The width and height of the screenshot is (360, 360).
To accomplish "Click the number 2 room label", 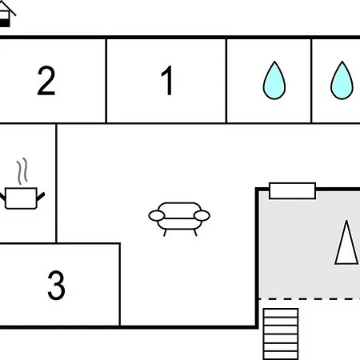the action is tap(46, 81).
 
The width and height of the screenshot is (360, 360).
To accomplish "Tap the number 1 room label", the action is tap(167, 81).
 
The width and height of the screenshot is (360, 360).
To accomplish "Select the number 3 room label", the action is tap(56, 285).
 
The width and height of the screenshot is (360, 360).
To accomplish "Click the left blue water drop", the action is tap(274, 81).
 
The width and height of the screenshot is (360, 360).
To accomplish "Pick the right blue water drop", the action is tap(342, 81).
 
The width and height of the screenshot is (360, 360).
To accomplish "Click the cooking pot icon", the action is tap(22, 198).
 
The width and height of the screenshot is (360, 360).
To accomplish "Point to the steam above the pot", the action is tap(22, 171).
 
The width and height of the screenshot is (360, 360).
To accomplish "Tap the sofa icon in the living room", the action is tap(179, 219).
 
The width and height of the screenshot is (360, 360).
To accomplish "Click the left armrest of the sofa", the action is tap(157, 216).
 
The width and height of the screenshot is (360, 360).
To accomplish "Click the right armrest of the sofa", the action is tap(202, 216).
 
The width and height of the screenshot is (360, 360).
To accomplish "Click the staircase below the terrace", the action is tap(281, 334).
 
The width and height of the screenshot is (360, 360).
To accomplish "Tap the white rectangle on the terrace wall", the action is tap(292, 190).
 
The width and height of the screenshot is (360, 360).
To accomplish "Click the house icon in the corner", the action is tap(6, 14).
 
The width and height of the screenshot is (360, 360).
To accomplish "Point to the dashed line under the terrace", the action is tap(310, 299).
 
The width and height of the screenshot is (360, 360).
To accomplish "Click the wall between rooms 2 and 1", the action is tap(106, 81).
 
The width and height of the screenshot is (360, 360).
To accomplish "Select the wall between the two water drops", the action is tap(311, 81).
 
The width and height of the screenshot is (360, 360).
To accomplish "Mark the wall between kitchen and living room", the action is tap(56, 183).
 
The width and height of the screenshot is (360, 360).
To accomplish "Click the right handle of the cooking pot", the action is tap(41, 197).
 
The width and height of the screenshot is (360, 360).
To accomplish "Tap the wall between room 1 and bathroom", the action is tap(226, 81).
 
